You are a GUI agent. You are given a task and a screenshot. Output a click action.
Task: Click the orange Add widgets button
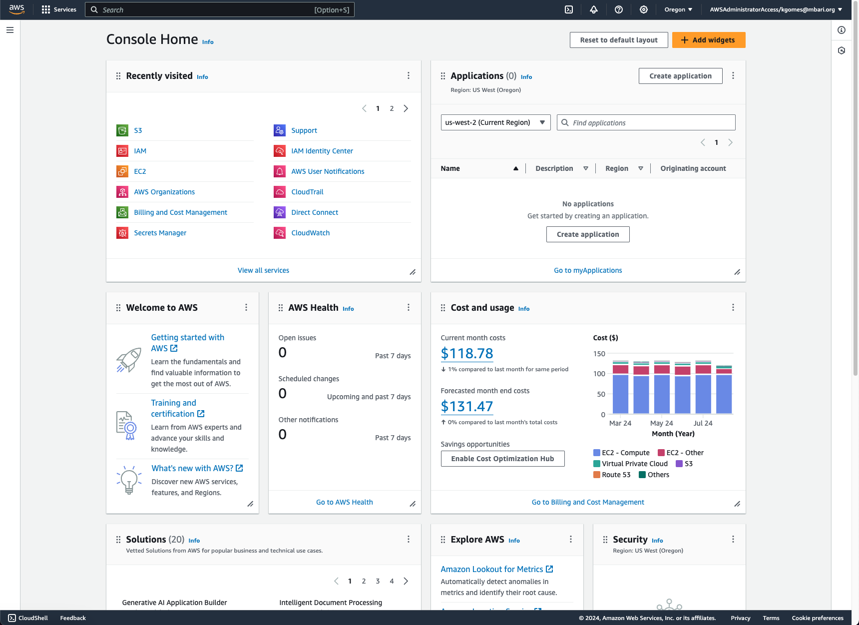(708, 40)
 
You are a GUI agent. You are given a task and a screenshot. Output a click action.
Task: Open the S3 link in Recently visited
(138, 130)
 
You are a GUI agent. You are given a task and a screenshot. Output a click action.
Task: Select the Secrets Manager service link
(160, 233)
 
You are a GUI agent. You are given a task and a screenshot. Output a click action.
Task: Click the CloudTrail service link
(307, 192)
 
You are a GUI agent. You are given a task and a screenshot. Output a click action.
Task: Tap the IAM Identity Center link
(322, 151)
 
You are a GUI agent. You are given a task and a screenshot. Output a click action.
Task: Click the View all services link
(263, 270)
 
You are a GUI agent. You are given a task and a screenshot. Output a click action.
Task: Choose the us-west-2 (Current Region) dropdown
(495, 122)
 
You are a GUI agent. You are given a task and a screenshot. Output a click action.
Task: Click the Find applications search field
(649, 122)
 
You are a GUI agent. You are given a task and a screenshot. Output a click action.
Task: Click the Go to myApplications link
(588, 270)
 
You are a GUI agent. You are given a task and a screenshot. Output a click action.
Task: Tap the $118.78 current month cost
(467, 353)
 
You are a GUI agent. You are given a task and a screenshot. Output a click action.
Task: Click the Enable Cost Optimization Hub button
(502, 459)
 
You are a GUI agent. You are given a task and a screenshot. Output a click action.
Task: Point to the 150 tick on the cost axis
(599, 354)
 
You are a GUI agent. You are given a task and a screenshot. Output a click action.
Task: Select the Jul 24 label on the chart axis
(703, 423)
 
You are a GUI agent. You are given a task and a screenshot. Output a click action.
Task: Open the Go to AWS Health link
(344, 502)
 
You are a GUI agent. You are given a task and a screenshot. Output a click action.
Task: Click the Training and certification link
(173, 408)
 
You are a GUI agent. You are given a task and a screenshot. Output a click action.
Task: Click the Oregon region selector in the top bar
(678, 9)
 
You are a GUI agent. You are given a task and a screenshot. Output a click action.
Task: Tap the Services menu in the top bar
(59, 9)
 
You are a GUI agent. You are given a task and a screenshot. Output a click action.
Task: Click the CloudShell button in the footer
(28, 618)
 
